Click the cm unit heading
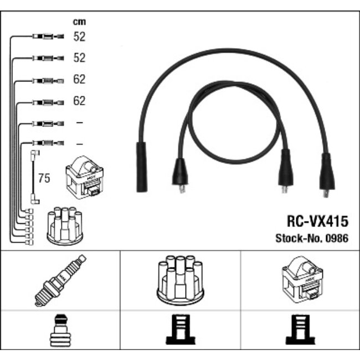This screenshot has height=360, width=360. coord(79,22)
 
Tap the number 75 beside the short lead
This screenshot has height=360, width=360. coord(44,178)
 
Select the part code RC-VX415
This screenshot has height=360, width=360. coord(317,222)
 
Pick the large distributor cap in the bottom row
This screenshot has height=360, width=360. coord(180,281)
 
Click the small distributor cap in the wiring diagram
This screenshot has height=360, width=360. coord(64,227)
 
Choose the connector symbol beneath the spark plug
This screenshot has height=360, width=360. coord(60,331)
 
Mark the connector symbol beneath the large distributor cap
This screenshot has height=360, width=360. coord(180,331)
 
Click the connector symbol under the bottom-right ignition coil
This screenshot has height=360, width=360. coord(300,331)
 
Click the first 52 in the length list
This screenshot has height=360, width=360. coord(79,37)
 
